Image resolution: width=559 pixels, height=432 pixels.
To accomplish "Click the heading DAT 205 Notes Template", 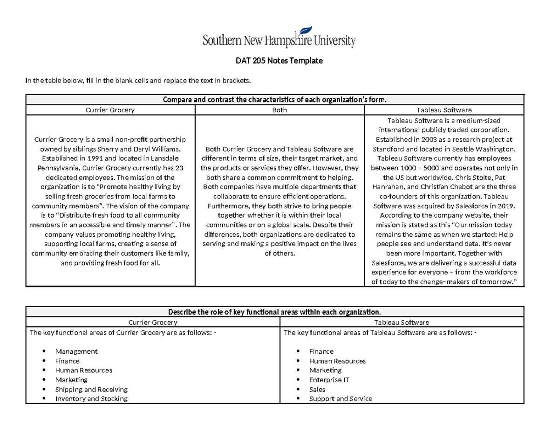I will tap(279, 61).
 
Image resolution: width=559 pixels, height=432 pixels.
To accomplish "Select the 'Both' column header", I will tap(279, 110).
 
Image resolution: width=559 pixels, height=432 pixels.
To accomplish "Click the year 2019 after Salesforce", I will tap(505, 206).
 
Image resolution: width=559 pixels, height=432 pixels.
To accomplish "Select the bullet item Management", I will tap(76, 351).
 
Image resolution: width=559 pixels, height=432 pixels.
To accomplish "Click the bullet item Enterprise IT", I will tap(329, 380).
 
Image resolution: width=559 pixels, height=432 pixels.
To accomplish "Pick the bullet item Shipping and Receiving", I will tap(91, 389).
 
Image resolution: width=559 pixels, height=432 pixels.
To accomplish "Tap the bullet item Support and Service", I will tap(341, 398).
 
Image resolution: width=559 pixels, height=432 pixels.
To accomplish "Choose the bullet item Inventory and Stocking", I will tap(91, 398).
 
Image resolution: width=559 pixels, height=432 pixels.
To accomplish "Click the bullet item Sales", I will tap(317, 389).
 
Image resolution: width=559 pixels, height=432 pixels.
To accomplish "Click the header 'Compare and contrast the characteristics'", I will tap(275, 100).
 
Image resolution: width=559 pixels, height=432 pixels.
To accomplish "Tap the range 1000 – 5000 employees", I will tap(422, 168).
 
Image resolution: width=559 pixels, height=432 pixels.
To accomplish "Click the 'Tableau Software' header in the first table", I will tap(444, 110).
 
